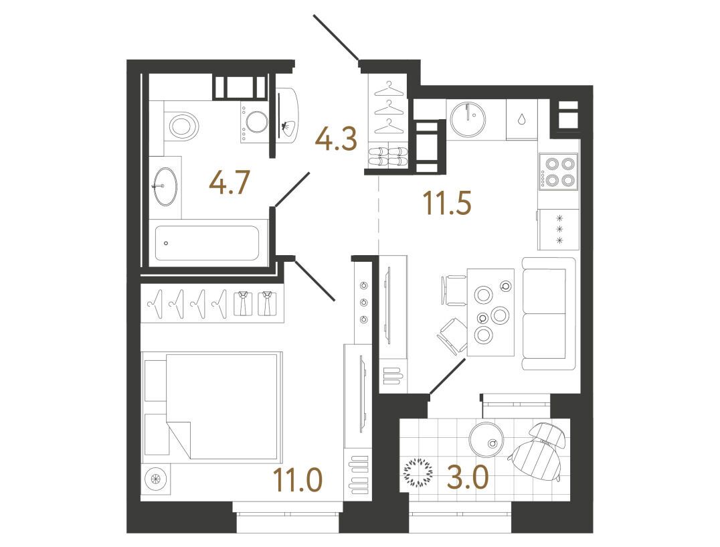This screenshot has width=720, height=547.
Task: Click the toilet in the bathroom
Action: [x=182, y=125]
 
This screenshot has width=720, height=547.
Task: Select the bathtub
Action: [x=207, y=243]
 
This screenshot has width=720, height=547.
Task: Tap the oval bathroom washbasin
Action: [x=165, y=186]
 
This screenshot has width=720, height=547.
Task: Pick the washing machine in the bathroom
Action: [x=254, y=122]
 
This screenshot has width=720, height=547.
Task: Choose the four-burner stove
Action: [x=559, y=171]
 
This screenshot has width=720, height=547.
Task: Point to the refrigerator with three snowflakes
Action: [x=559, y=229]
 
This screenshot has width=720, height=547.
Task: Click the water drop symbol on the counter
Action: [x=522, y=119]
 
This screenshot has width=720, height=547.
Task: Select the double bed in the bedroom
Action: [x=211, y=406]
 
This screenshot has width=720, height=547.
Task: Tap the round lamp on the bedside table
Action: [x=155, y=478]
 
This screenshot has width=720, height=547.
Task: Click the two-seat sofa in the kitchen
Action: [x=549, y=314]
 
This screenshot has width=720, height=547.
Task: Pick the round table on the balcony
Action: [x=488, y=439]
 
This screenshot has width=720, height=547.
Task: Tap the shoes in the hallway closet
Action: [x=388, y=156]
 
